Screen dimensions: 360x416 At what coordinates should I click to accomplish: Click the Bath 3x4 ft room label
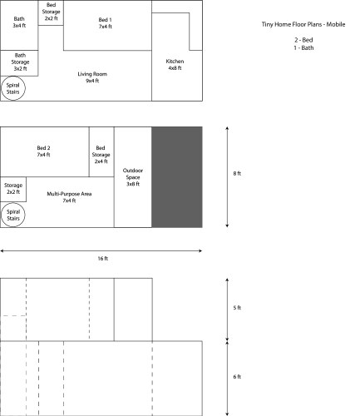pos(19,22)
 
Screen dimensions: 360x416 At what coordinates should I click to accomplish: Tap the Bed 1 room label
pos(106,23)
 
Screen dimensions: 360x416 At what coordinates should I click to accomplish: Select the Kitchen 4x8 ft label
pos(175,65)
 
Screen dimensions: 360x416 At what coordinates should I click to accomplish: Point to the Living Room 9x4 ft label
pos(92,77)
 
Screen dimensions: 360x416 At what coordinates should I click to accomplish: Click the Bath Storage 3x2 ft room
pos(19,63)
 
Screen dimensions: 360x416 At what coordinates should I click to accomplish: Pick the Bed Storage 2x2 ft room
pos(51,12)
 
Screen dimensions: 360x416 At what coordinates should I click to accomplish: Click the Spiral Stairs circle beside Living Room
pos(12,88)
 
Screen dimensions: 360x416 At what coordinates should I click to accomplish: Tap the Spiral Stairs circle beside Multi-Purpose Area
pos(12,215)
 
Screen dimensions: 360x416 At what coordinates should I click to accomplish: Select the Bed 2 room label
pos(43,151)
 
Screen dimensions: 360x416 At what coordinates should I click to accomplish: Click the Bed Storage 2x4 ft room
pos(101,151)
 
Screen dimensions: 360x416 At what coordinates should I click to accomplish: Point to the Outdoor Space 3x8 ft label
pos(133,177)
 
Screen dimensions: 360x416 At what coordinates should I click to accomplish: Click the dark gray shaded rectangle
pos(177,177)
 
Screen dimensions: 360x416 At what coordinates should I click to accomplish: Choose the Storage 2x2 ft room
pos(13,189)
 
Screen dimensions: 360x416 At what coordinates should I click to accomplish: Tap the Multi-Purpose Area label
pos(69,197)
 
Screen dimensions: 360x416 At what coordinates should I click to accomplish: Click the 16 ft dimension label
pos(102,259)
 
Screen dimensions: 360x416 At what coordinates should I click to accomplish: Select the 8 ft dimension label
pos(237,174)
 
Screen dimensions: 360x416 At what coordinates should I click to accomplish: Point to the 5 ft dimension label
pos(237,308)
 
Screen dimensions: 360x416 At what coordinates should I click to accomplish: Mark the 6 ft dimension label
pos(237,377)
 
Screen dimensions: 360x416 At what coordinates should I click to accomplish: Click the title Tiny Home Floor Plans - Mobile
pos(303,24)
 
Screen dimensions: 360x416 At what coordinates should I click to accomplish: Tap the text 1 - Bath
pos(303,47)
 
